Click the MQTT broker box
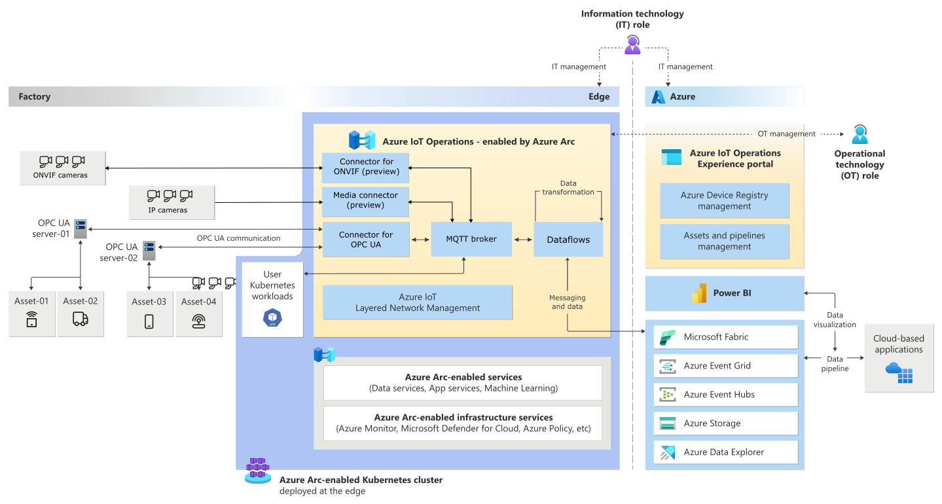click(x=471, y=239)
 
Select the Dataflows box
click(x=568, y=240)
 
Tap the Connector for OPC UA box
click(x=366, y=240)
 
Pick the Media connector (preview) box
click(x=365, y=201)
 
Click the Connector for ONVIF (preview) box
click(x=365, y=167)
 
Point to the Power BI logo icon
click(x=699, y=294)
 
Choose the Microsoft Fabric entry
click(x=725, y=337)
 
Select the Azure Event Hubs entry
click(x=725, y=395)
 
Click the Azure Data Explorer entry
click(x=725, y=452)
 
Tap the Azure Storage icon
click(x=668, y=423)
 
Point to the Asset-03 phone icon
click(x=149, y=321)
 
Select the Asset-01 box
click(x=32, y=313)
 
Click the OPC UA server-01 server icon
click(x=81, y=228)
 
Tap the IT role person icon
click(x=632, y=45)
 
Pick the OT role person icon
click(x=860, y=135)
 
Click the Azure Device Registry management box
click(x=724, y=200)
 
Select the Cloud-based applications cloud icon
click(x=899, y=372)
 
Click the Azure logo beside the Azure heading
click(x=658, y=97)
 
